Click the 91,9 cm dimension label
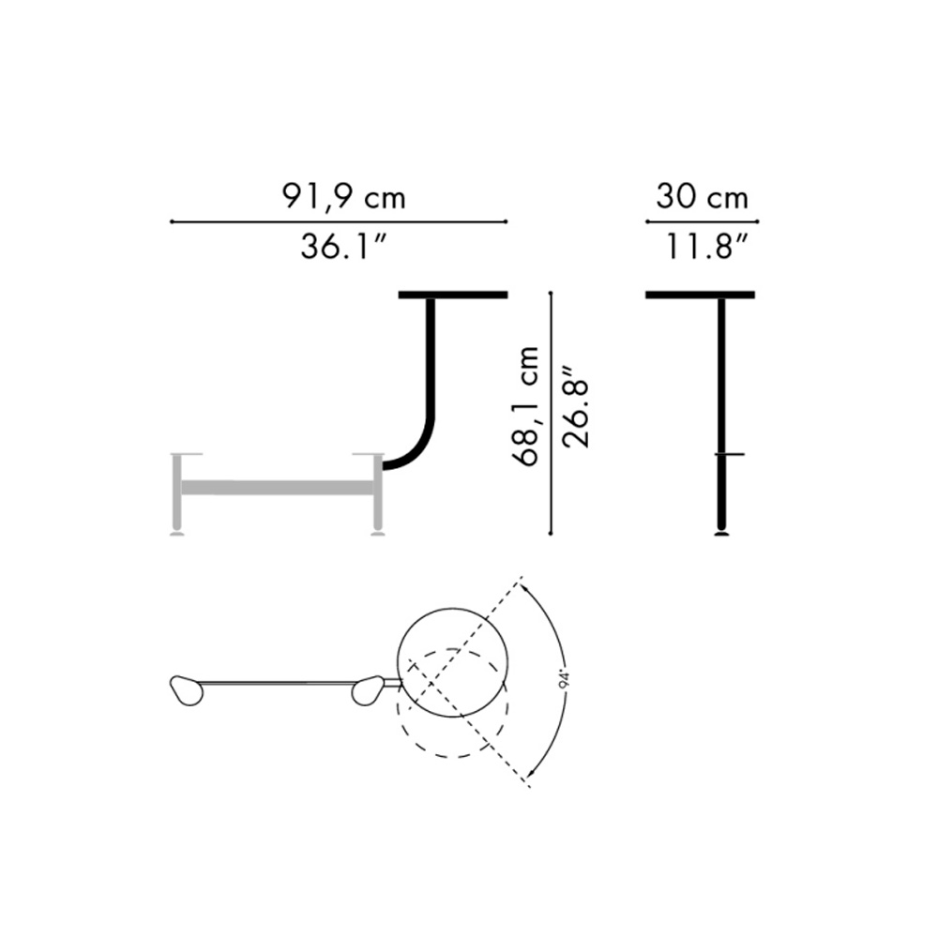click(343, 197)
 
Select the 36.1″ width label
click(343, 246)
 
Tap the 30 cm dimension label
click(702, 197)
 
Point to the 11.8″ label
click(706, 246)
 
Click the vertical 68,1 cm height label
click(526, 406)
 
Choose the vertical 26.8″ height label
click(576, 413)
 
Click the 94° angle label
click(566, 681)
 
